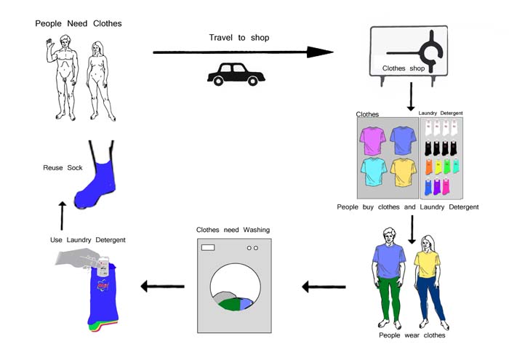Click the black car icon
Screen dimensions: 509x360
(x=236, y=74)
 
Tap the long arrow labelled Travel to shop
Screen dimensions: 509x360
(x=243, y=52)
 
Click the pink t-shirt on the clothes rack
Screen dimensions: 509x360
(x=372, y=140)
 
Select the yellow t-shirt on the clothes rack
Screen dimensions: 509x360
(x=404, y=172)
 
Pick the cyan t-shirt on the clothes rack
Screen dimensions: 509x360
(x=374, y=172)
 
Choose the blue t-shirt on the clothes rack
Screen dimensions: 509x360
(x=403, y=140)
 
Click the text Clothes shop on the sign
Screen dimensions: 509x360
(x=403, y=68)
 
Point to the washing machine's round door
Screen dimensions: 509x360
(x=236, y=287)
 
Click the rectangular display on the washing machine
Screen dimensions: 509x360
(x=208, y=248)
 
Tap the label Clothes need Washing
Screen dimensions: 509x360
(x=233, y=230)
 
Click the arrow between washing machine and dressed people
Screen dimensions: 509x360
(x=324, y=287)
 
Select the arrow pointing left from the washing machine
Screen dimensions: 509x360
(x=162, y=287)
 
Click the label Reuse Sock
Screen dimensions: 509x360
(x=63, y=168)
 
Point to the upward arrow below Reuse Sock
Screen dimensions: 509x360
(x=62, y=216)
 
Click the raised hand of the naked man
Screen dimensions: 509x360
(x=49, y=44)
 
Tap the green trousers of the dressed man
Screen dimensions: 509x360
(x=389, y=298)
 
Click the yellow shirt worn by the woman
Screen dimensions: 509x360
(x=427, y=264)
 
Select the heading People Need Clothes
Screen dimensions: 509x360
(x=79, y=24)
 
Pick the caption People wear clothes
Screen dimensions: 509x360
(x=412, y=335)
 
